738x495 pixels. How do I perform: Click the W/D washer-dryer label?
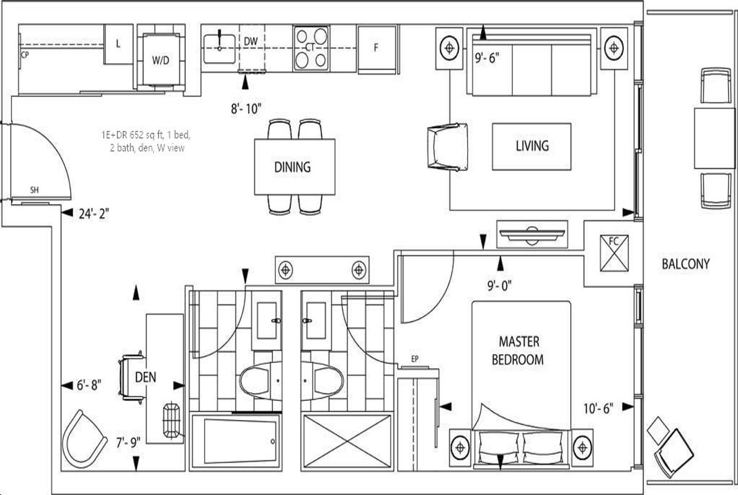(x=161, y=60)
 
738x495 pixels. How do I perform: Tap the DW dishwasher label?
(x=251, y=41)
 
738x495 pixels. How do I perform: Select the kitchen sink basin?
(x=220, y=49)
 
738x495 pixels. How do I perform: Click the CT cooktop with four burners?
(x=311, y=48)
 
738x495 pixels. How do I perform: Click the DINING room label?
(x=293, y=167)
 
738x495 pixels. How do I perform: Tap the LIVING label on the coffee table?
(x=532, y=146)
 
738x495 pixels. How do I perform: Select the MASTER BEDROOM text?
(x=518, y=350)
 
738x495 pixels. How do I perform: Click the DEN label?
(x=146, y=377)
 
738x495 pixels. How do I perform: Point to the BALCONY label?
(x=686, y=264)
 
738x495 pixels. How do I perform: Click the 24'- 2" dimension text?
(x=94, y=214)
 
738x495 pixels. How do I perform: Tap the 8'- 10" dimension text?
(x=246, y=108)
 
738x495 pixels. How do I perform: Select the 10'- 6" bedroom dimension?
(x=598, y=409)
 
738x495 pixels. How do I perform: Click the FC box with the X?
(x=614, y=253)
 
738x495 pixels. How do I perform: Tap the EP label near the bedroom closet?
(x=415, y=359)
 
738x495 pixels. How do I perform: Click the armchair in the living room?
(x=448, y=147)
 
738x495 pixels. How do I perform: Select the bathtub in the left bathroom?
(x=236, y=442)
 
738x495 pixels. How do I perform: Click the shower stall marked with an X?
(x=347, y=442)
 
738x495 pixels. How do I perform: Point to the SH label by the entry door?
(x=34, y=190)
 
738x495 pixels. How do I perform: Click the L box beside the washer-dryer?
(x=119, y=44)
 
